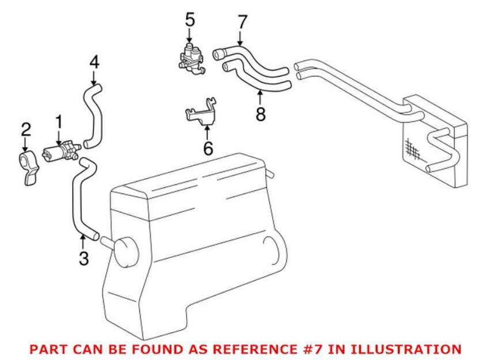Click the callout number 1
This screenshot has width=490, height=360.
point(58,122)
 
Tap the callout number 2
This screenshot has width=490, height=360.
point(25,130)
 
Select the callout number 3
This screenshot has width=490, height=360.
point(84,259)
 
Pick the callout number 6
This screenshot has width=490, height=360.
point(208,149)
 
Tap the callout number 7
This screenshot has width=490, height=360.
point(242,22)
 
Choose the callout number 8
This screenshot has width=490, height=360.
point(261,114)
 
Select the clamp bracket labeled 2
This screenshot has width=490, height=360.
point(28,168)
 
